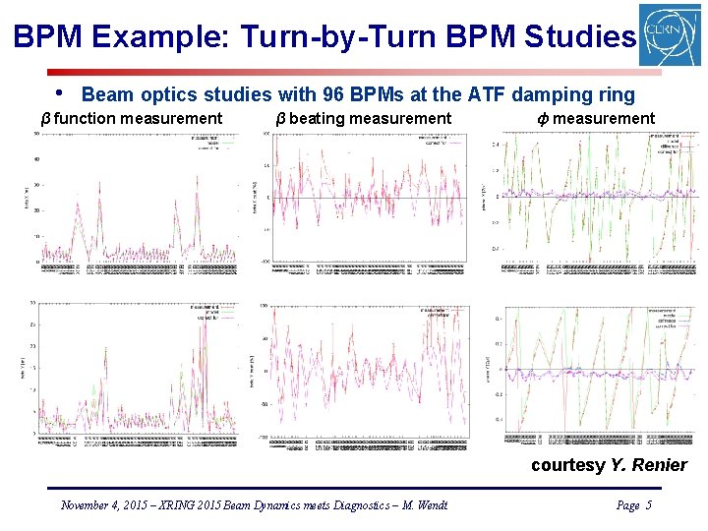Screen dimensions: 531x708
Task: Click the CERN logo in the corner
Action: click(670, 34)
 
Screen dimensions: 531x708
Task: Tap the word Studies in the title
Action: click(579, 37)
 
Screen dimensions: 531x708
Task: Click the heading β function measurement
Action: click(131, 119)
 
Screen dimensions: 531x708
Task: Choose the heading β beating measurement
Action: click(363, 119)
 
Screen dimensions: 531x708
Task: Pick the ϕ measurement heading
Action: click(595, 119)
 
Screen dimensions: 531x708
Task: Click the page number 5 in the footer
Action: click(648, 505)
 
